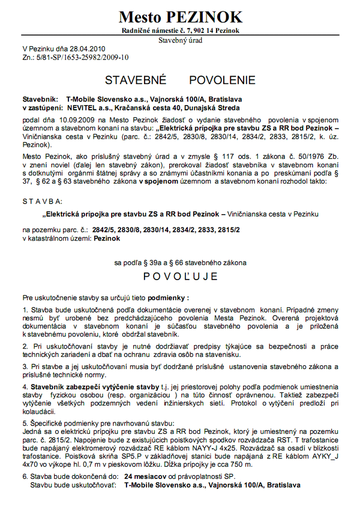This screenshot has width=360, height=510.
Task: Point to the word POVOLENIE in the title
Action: pos(222,80)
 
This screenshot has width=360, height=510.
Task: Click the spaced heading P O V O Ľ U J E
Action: pos(180,277)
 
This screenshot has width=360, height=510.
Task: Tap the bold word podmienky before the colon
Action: pos(167,297)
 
